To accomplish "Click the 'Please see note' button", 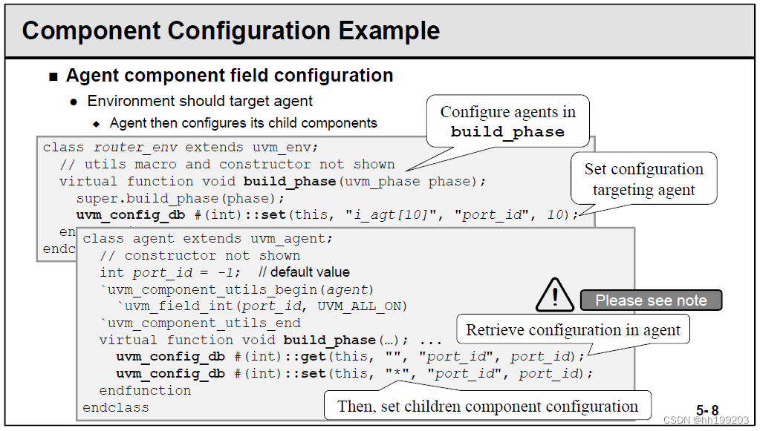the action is pos(650,300).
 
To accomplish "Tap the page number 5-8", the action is pos(707,409).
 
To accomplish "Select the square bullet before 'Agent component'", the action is pos(53,76).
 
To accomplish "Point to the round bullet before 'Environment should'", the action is pos(74,102).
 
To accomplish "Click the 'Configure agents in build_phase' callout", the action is pos(507,122).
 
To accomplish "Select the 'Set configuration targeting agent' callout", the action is pos(643,179).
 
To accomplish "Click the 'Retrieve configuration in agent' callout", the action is pos(573,330).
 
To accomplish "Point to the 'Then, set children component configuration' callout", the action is pos(487,406).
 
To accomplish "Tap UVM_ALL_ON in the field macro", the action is pos(363,306).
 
